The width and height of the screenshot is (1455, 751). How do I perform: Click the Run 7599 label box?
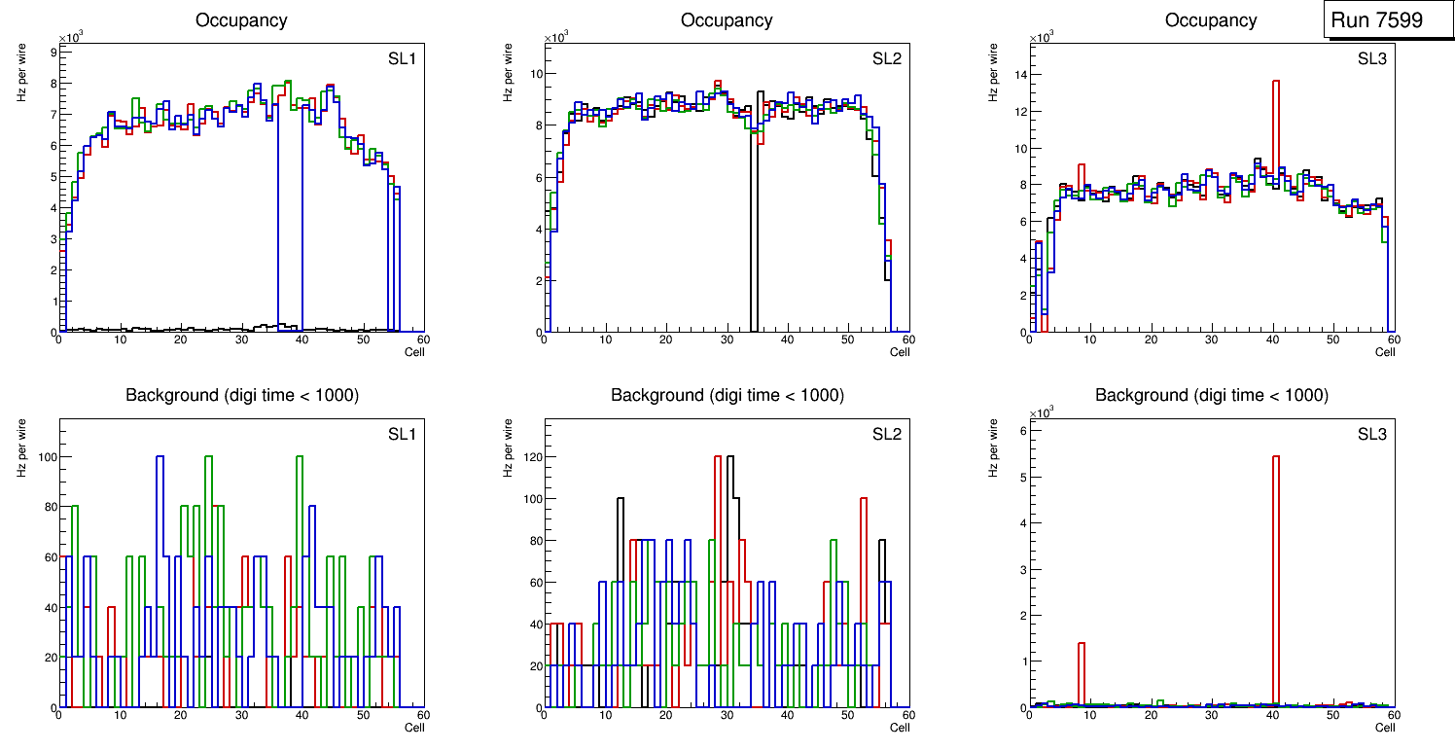point(1376,20)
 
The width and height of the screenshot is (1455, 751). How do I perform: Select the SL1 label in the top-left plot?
point(402,58)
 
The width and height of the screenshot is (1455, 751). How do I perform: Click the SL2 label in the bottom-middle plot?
point(886,434)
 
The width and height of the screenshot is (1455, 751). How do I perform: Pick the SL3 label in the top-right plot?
point(1371,58)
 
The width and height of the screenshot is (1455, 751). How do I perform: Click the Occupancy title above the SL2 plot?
point(727,20)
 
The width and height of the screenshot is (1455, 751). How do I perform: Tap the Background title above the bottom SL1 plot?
point(241,395)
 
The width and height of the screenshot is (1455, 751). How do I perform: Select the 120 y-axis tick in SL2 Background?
point(530,456)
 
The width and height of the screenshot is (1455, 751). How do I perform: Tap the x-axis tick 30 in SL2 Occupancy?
point(726,340)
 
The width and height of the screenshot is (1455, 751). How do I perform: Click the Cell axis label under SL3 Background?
point(1385,728)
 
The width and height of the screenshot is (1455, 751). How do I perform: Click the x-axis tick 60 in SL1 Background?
point(423,715)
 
